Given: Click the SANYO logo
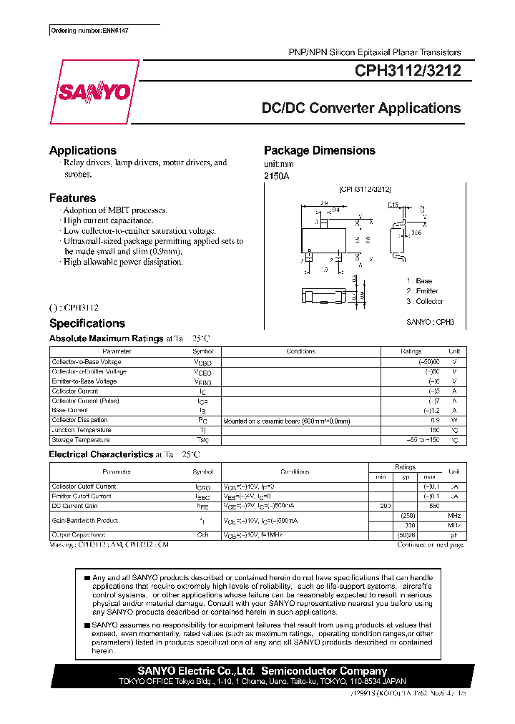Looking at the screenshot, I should [94, 92].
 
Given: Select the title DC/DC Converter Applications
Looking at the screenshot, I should [361, 108].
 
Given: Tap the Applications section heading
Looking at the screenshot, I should [82, 150].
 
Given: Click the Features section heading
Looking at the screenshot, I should [72, 197].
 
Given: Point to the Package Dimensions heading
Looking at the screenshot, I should [319, 150].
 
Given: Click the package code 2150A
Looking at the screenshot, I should [276, 175].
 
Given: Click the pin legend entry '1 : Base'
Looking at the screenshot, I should [419, 281].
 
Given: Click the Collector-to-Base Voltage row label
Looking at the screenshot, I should [86, 362].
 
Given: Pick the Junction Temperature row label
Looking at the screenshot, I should [81, 430].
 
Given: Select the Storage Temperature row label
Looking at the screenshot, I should [81, 440].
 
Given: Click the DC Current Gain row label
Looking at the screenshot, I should [74, 506].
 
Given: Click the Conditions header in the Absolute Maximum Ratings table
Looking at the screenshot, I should [300, 351].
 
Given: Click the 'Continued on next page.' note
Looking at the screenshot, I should [430, 544].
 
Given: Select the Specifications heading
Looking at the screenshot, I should [87, 323].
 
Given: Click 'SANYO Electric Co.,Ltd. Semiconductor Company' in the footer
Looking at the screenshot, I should [262, 671].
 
